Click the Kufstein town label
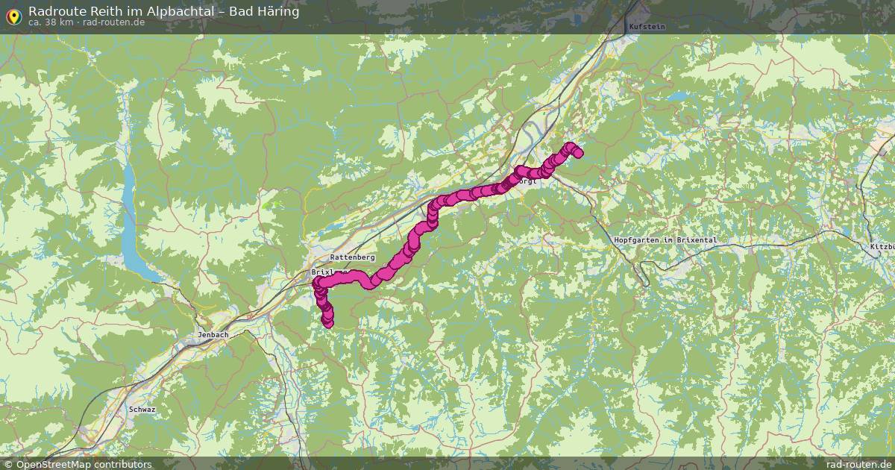tap(647, 26)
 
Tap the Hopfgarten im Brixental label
tap(665, 240)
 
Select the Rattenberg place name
tap(352, 257)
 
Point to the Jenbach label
tap(213, 335)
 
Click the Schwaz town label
tap(142, 410)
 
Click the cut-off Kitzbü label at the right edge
tap(882, 247)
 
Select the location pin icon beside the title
tap(13, 15)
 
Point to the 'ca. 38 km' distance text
tap(51, 22)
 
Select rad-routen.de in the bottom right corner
tap(858, 464)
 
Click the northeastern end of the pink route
tap(577, 153)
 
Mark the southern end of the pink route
tap(327, 322)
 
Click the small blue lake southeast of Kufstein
tap(678, 96)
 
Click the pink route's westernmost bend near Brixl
tap(317, 284)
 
